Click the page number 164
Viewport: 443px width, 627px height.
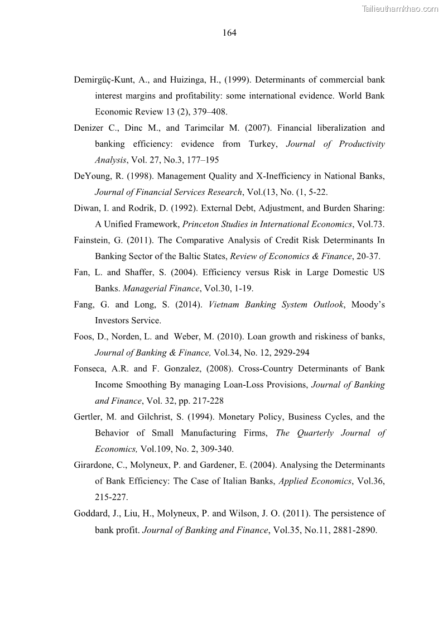tap(229, 33)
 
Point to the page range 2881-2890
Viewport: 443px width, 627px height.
tap(355, 530)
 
